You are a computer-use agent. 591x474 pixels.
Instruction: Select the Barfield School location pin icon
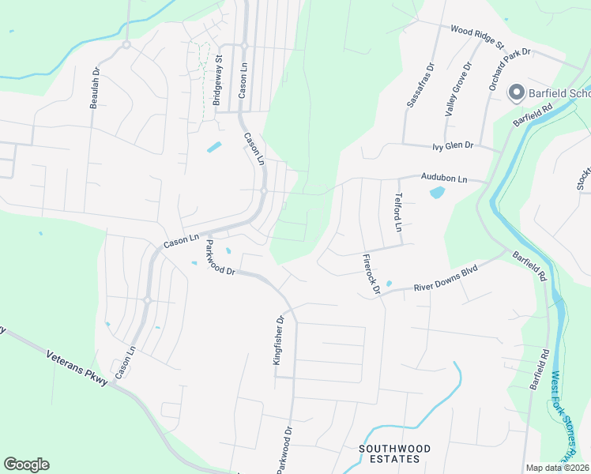pyautogui.click(x=516, y=93)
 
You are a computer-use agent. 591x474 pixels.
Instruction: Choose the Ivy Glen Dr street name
pyautogui.click(x=452, y=146)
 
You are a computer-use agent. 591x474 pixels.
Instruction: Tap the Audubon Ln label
pyautogui.click(x=444, y=179)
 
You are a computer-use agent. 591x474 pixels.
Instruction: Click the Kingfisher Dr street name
pyautogui.click(x=277, y=340)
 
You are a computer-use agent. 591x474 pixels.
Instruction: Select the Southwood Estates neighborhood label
pyautogui.click(x=395, y=453)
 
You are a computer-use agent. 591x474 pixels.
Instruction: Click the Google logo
pyautogui.click(x=26, y=465)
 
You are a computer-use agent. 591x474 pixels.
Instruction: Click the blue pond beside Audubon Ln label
pyautogui.click(x=436, y=192)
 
